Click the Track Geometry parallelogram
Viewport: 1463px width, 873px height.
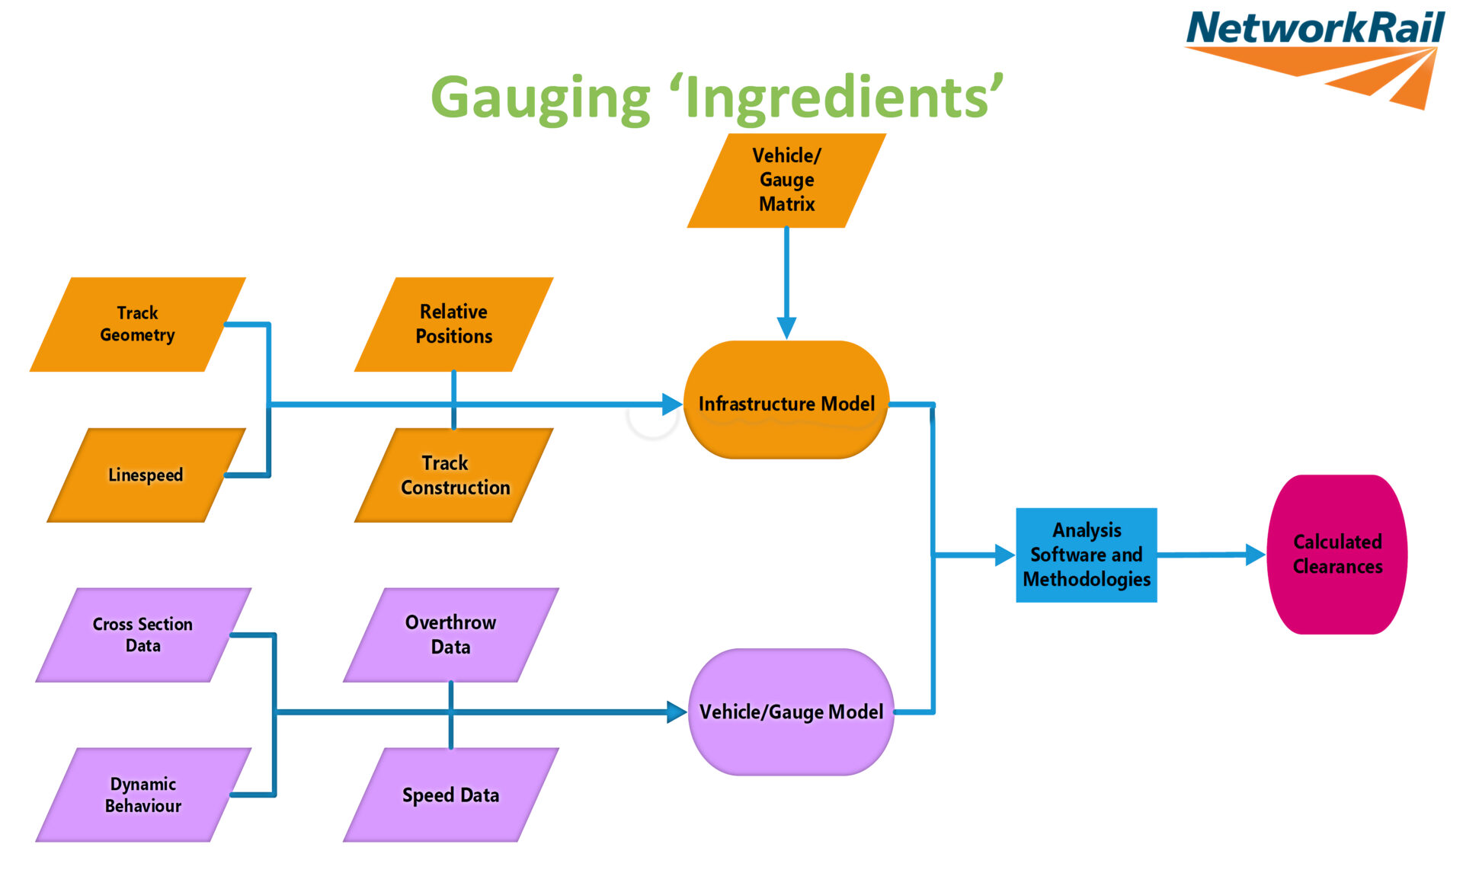pos(138,325)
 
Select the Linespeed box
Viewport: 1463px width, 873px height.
pos(146,475)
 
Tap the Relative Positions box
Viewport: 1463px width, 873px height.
pos(454,325)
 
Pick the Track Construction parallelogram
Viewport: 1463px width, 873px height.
pos(454,475)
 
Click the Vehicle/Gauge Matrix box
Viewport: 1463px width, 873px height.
pos(786,181)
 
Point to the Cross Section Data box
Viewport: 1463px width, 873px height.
pos(143,635)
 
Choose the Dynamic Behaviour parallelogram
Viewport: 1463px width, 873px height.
pos(143,795)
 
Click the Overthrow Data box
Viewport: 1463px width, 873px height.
pos(451,635)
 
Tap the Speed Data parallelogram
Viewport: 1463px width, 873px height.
pos(451,795)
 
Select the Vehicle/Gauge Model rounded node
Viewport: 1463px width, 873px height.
pos(791,712)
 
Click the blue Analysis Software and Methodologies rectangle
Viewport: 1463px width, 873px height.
pos(1087,555)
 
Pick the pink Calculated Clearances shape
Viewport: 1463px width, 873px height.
pos(1337,555)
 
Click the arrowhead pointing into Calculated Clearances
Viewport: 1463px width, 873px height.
pos(1254,555)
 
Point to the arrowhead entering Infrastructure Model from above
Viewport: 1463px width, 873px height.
pos(786,328)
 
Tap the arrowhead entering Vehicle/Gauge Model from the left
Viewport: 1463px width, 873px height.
pos(676,712)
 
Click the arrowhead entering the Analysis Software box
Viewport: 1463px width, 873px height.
pos(1004,555)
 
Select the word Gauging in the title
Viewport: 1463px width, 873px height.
pos(541,99)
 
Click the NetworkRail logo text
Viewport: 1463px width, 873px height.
pos(1315,29)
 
